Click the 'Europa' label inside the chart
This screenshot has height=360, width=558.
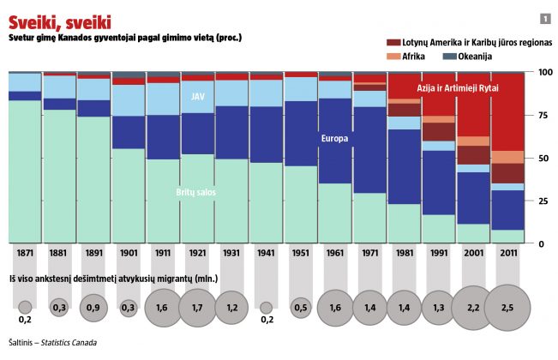[335, 139]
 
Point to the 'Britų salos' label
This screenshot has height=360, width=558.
[196, 193]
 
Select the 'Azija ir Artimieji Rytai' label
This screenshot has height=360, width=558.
[457, 88]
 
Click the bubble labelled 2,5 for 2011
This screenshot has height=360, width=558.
[507, 307]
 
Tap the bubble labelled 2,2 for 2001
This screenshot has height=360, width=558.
[473, 307]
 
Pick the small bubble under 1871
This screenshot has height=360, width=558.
[24, 307]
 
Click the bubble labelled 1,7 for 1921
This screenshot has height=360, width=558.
[197, 307]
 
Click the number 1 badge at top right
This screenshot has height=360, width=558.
[545, 19]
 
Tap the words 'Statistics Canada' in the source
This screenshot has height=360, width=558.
[68, 343]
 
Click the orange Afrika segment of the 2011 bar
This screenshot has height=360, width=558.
[507, 157]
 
